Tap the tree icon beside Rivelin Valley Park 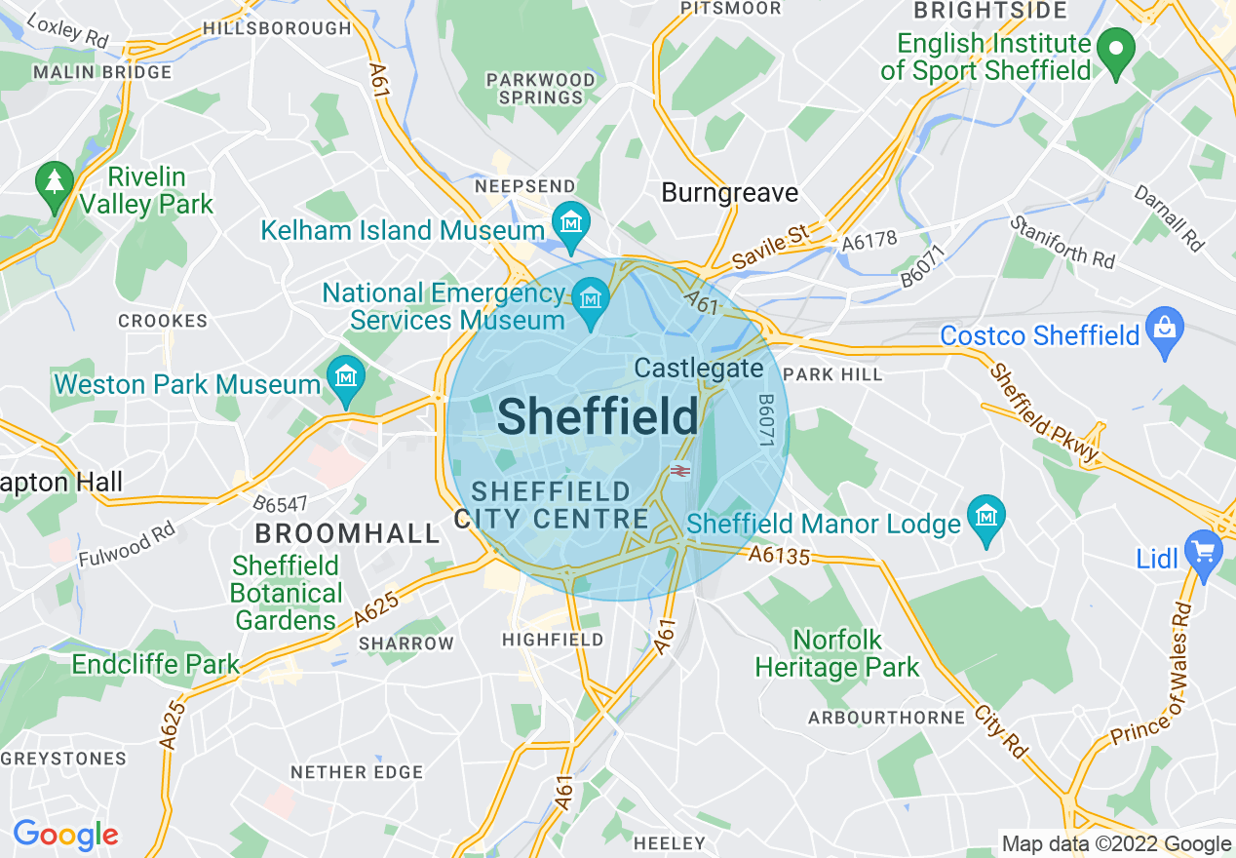(55, 182)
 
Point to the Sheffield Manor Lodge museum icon (987, 515)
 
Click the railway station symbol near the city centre (679, 471)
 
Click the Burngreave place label (729, 193)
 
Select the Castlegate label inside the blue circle (699, 369)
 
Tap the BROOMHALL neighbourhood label (348, 533)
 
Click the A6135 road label (779, 556)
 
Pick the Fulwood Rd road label (127, 545)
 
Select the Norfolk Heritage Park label (837, 654)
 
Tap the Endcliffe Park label (155, 665)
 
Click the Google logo (65, 835)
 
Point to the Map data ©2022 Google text (1116, 844)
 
